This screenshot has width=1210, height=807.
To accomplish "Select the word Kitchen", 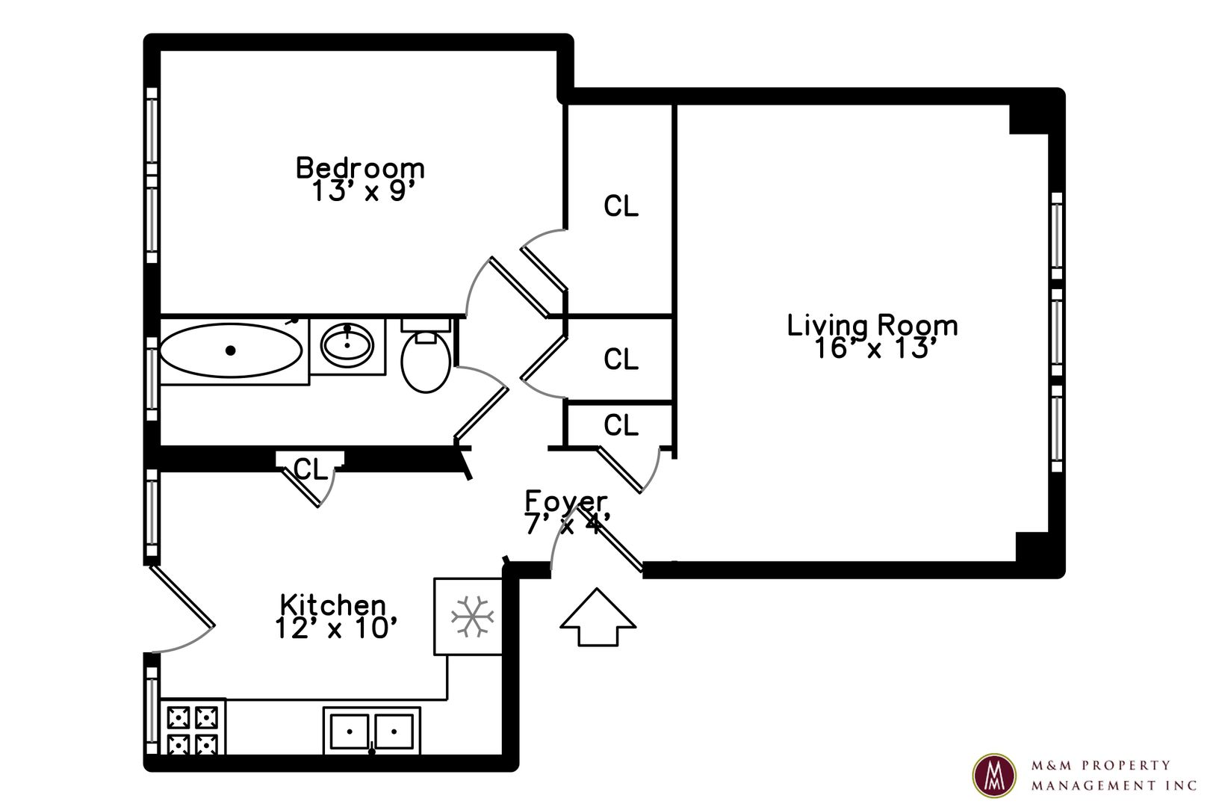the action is click(x=333, y=605).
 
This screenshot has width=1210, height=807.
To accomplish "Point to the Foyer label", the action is click(x=567, y=501).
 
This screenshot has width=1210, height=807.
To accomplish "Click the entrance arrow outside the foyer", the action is click(x=598, y=617).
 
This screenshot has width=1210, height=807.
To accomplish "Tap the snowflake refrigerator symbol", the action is click(x=473, y=616).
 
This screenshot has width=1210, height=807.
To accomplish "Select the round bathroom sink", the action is click(x=347, y=345).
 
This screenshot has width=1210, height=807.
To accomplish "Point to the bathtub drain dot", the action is click(x=230, y=350).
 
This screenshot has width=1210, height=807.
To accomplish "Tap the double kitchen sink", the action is click(x=372, y=732).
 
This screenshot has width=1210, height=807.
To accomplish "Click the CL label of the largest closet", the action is click(x=621, y=206).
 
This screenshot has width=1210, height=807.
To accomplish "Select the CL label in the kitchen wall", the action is click(x=311, y=469).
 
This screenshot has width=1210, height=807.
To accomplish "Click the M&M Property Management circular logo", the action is click(x=994, y=776).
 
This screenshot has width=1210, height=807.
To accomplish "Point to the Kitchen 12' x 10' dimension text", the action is click(x=336, y=628).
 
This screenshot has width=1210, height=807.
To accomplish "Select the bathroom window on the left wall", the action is click(x=152, y=379).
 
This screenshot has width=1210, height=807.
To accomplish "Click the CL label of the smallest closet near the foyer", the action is click(x=621, y=425).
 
